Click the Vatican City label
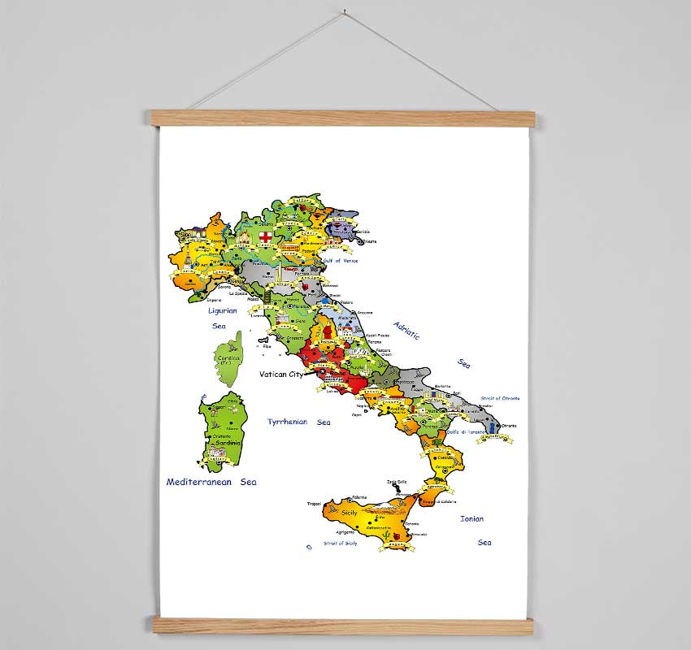click(x=280, y=375)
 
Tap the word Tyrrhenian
click(x=288, y=422)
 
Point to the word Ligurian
click(x=222, y=310)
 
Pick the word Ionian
click(x=472, y=518)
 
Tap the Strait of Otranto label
click(x=500, y=398)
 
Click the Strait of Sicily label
click(x=340, y=543)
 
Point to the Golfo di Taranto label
click(x=466, y=431)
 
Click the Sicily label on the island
click(x=349, y=513)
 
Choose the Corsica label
click(x=228, y=357)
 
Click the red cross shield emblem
click(x=265, y=236)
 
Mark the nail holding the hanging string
click(x=345, y=12)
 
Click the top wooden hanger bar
click(x=341, y=119)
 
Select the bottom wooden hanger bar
click(x=341, y=626)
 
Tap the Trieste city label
click(x=371, y=240)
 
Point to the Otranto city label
click(x=509, y=426)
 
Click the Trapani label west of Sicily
click(x=314, y=504)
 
